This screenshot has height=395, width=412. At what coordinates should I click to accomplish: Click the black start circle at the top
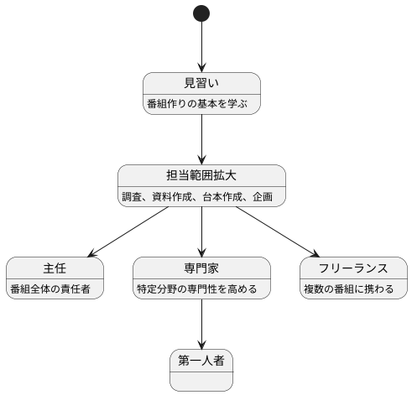[201, 13]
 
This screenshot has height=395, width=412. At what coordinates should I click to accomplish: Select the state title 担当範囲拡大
[201, 175]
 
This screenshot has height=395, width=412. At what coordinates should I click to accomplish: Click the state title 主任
[55, 268]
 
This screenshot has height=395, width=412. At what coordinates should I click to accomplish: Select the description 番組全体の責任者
[55, 289]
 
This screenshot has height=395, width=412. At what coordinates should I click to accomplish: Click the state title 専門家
[201, 268]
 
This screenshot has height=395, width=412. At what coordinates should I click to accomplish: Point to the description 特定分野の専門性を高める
[201, 289]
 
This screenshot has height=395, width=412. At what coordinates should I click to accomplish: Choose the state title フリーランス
[353, 268]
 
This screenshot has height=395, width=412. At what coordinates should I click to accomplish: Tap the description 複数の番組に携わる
[353, 289]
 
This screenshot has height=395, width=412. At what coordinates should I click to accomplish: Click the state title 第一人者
[201, 360]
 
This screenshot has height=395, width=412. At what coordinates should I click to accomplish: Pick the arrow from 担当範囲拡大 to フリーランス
[277, 231]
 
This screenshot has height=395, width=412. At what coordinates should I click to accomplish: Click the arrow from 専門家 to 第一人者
[201, 323]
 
